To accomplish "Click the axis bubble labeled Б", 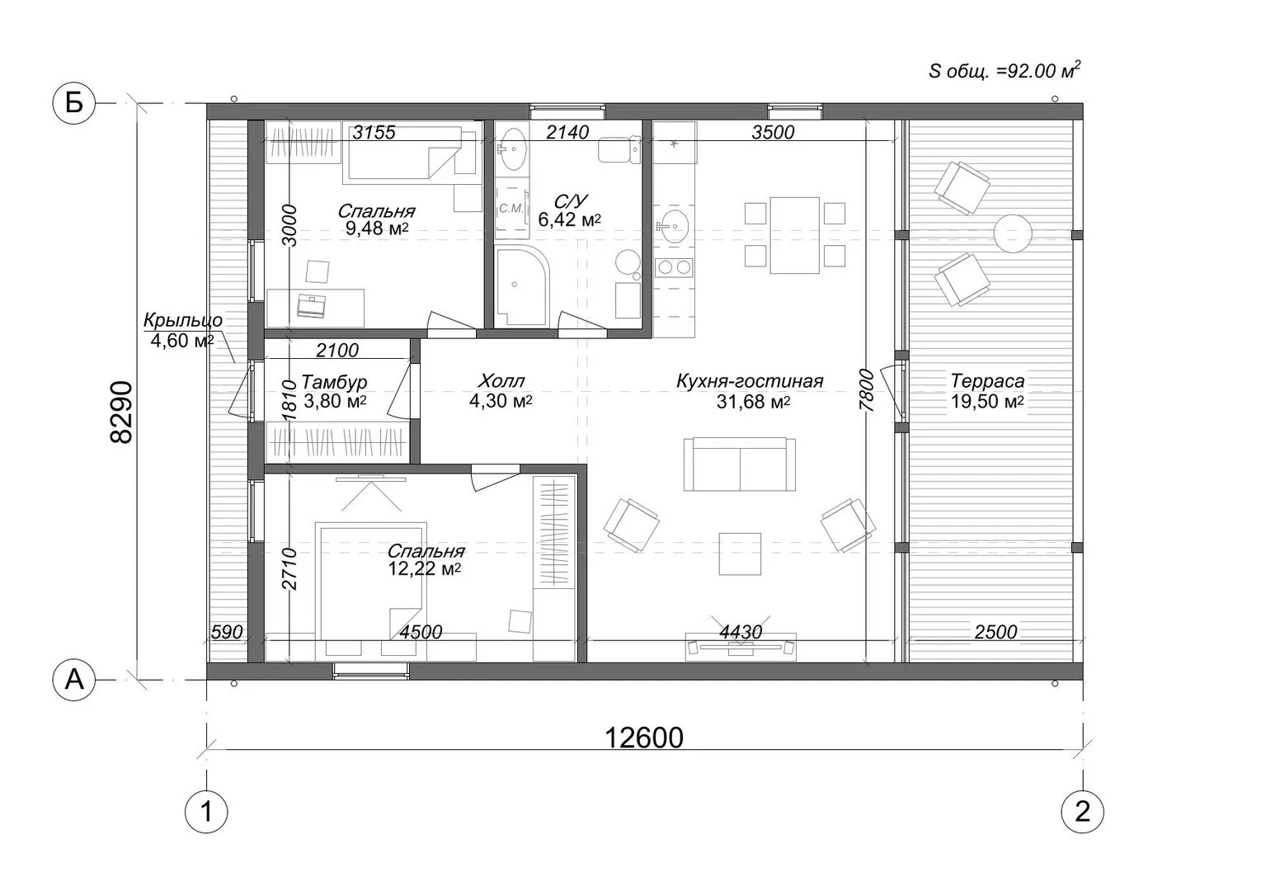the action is coord(73,103).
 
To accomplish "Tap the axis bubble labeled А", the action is coord(73,680).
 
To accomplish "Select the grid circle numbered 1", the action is coord(206,812).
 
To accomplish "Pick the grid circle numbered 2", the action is coord(1083,812).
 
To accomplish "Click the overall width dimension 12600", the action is coord(644,738).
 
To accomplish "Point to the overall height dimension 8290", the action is coord(121,412).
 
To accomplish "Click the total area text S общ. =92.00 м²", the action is coord(1005,71).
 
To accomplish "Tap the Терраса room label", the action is coord(987,381).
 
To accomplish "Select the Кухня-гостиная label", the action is coord(750,381).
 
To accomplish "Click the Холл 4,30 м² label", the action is coord(501,391).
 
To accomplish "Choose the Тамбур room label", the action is coord(334,382).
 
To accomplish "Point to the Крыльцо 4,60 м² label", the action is coord(183,330).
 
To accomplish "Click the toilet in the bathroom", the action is coord(619,149).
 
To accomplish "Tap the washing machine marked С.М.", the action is coord(511,209).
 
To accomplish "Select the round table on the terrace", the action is coord(1013,233).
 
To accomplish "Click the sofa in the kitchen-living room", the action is coord(740,464).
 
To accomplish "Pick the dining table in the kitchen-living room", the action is coord(794,235).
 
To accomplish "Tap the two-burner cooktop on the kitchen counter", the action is coord(675,268).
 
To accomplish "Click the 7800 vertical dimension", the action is coord(867,390).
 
